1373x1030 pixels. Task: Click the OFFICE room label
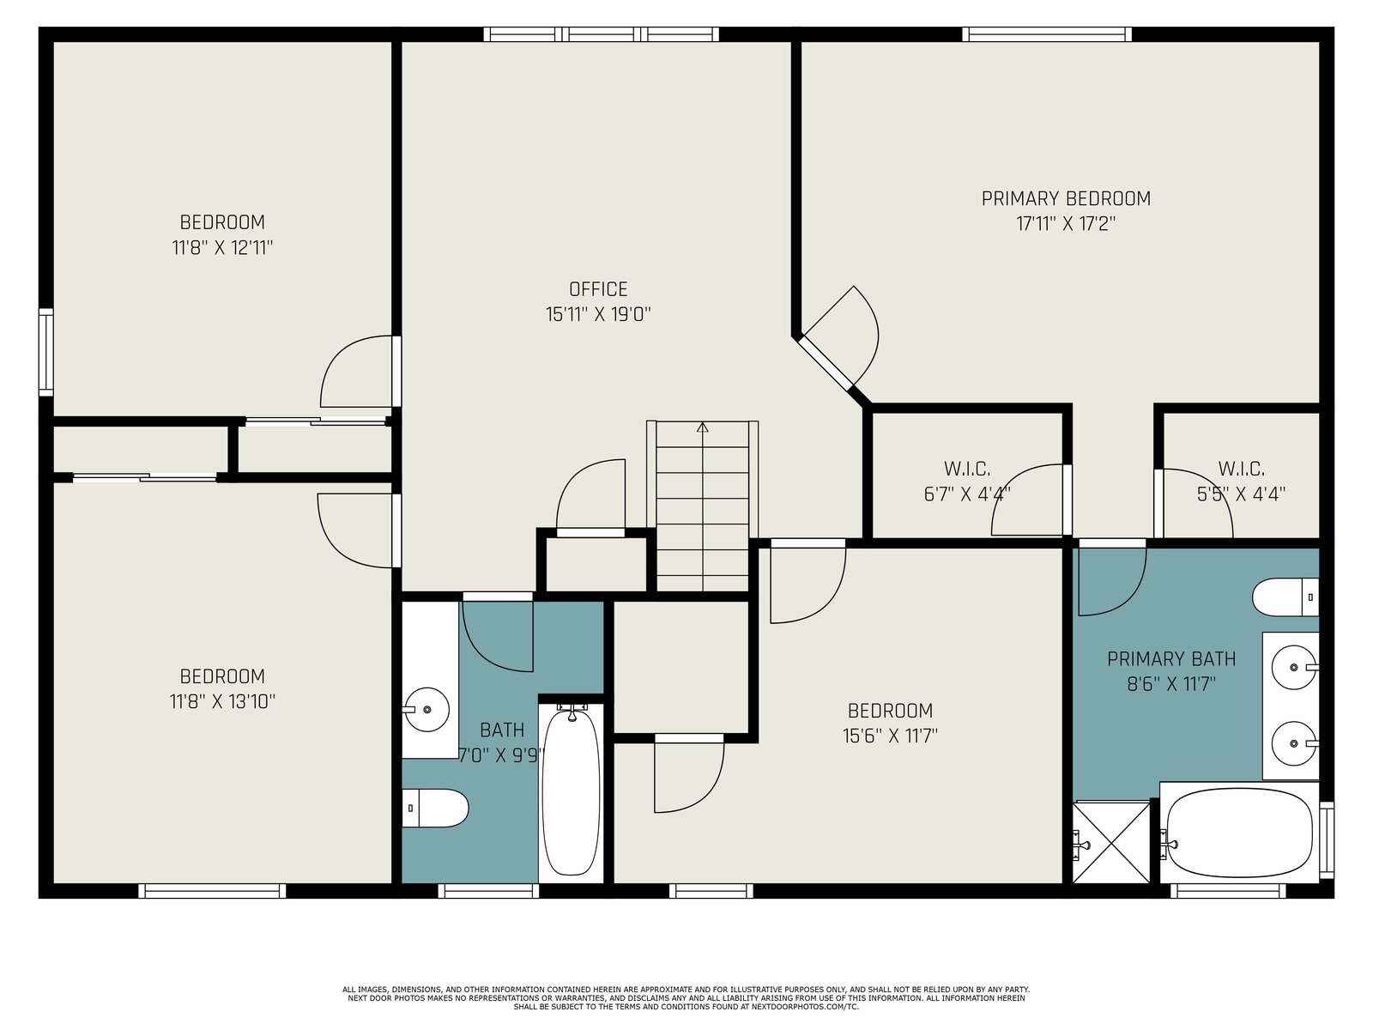pyautogui.click(x=598, y=289)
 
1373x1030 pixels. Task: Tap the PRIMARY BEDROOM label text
pyautogui.click(x=1066, y=199)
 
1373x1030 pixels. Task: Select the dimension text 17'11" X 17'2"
pyautogui.click(x=1066, y=224)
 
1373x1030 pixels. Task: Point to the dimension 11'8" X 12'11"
pyautogui.click(x=222, y=248)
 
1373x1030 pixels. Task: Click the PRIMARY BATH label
pyautogui.click(x=1171, y=659)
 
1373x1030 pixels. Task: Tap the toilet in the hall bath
pyautogui.click(x=435, y=808)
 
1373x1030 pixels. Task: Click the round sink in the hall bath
pyautogui.click(x=427, y=709)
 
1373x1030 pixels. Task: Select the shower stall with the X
pyautogui.click(x=1111, y=842)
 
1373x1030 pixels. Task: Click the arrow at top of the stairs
pyautogui.click(x=703, y=427)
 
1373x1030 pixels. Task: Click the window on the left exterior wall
pyautogui.click(x=45, y=352)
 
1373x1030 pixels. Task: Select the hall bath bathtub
pyautogui.click(x=571, y=792)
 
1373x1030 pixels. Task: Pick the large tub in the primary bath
pyautogui.click(x=1240, y=833)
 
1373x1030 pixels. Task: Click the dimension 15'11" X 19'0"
pyautogui.click(x=598, y=314)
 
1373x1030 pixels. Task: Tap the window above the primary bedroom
pyautogui.click(x=1046, y=34)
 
